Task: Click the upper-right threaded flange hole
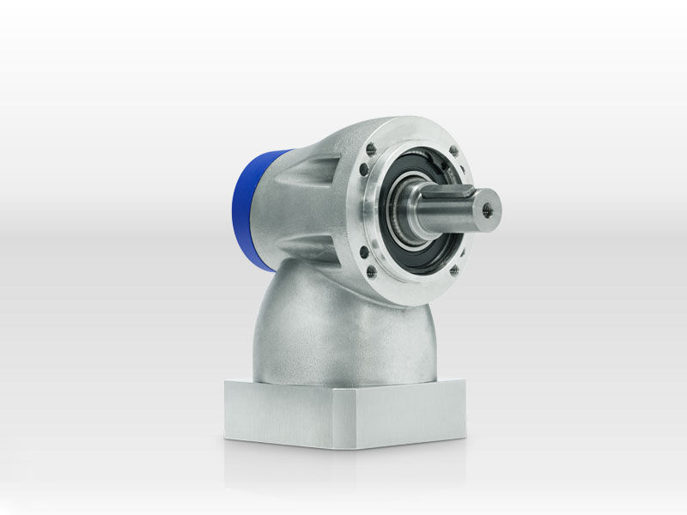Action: (454, 150)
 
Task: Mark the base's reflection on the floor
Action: (343, 468)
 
